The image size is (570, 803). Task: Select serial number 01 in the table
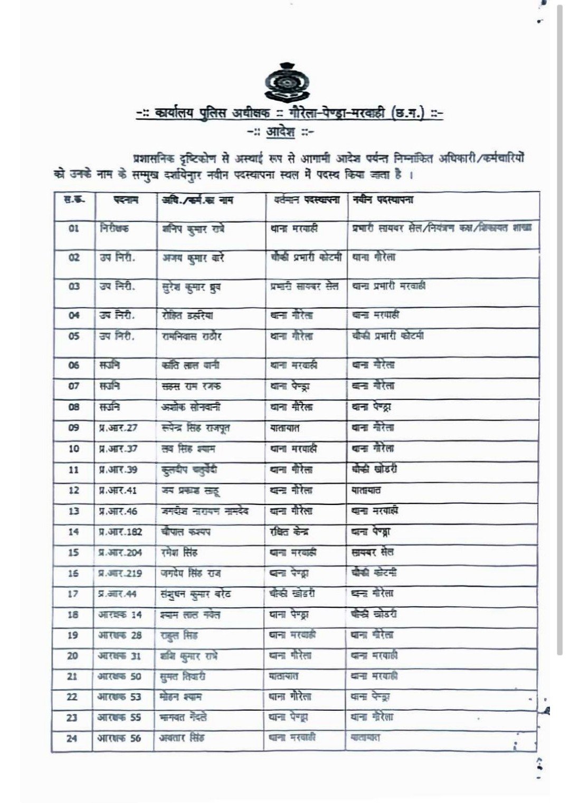point(74,229)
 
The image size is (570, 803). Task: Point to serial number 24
point(72,739)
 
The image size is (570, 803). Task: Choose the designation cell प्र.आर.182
point(120,532)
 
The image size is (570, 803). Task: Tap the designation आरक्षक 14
point(120,615)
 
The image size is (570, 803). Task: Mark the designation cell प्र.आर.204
point(120,552)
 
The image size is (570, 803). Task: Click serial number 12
point(73,491)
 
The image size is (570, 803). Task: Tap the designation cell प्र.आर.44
point(118,594)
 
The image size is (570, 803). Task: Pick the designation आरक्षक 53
point(120,697)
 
